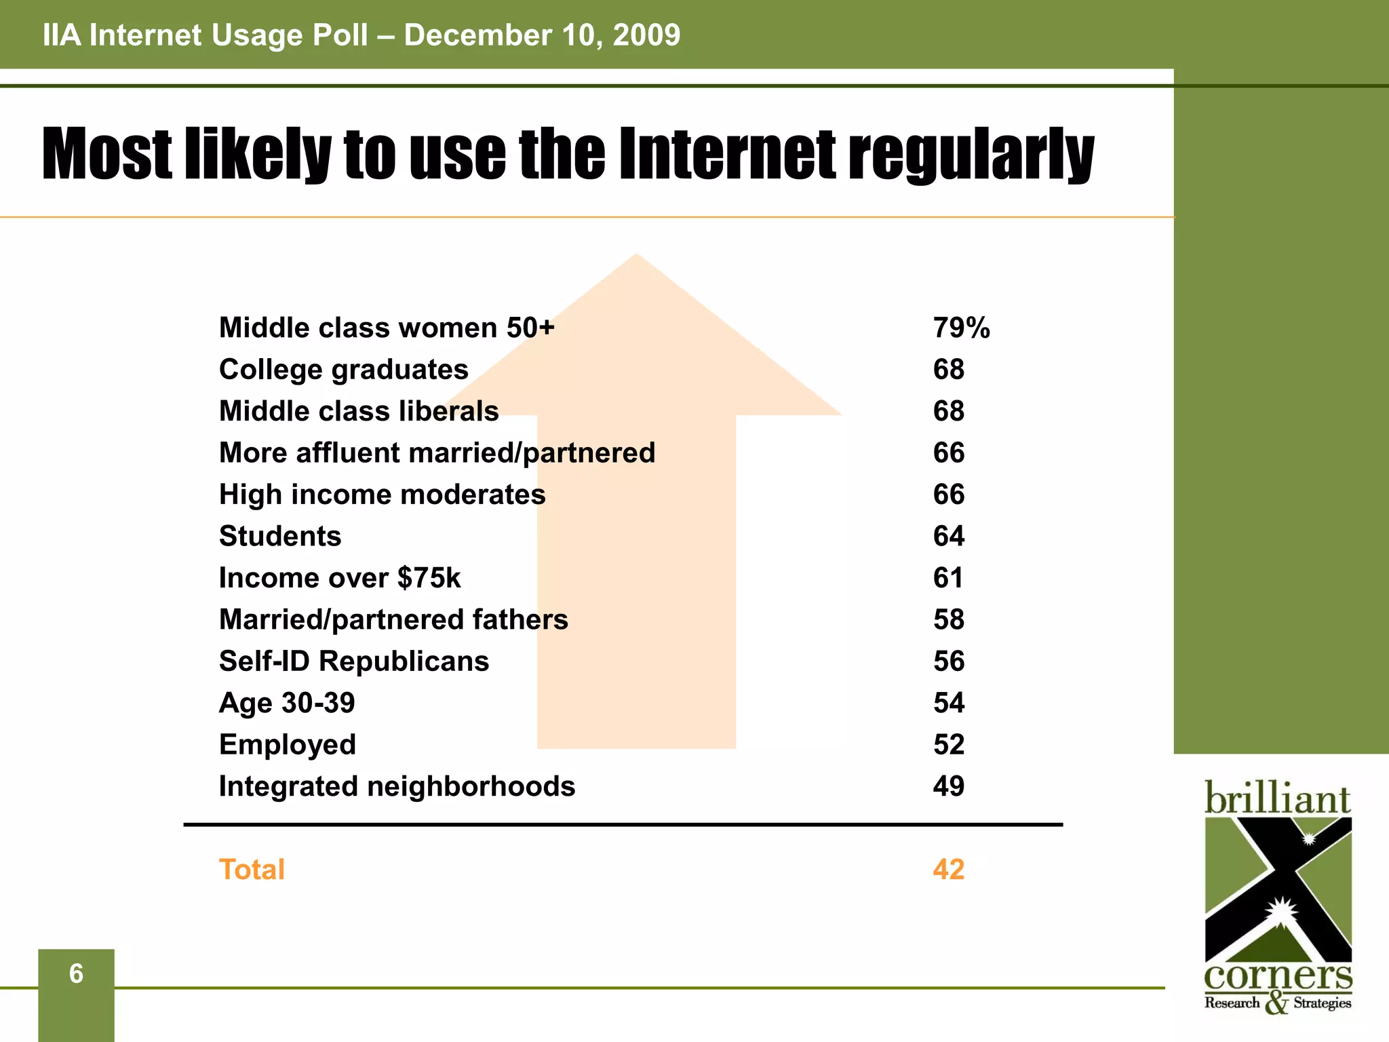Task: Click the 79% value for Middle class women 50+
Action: (x=961, y=328)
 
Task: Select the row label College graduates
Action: (x=344, y=370)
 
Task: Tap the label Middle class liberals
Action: (x=359, y=411)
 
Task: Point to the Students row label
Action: (x=280, y=537)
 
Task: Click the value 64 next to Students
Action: (x=948, y=537)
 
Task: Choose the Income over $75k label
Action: (x=340, y=578)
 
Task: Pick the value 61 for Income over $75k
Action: (x=947, y=578)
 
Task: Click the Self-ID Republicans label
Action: (x=354, y=661)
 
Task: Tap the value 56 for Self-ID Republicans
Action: (x=948, y=661)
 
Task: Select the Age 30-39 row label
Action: (x=287, y=703)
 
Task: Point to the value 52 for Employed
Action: (x=948, y=745)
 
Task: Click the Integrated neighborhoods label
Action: (x=397, y=787)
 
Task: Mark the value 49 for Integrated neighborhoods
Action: (x=948, y=787)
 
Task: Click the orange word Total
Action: (x=252, y=870)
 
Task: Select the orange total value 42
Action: (x=948, y=870)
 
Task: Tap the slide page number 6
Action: (x=76, y=974)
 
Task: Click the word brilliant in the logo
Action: (x=1277, y=798)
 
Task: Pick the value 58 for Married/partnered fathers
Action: (x=948, y=620)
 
